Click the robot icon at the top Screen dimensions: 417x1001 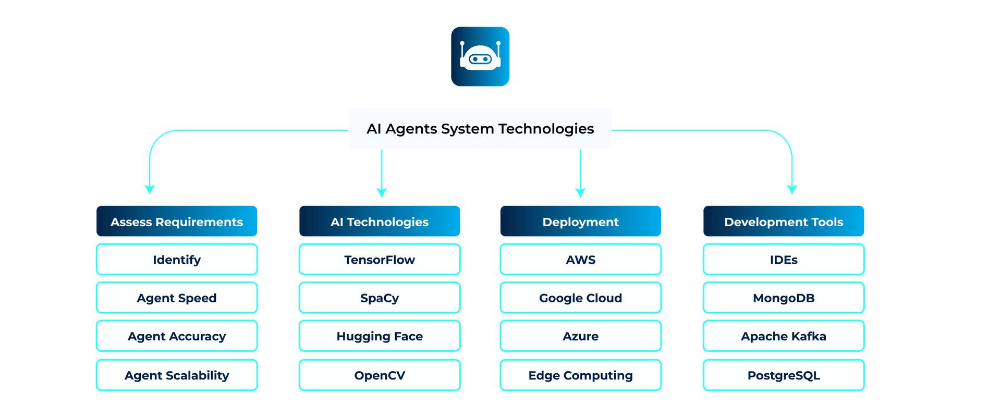pyautogui.click(x=480, y=56)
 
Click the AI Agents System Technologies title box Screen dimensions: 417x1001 pyautogui.click(x=480, y=129)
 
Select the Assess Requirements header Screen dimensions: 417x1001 pyautogui.click(x=177, y=222)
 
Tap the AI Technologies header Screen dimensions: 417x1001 pyautogui.click(x=380, y=222)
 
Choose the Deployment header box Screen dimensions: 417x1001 pyautogui.click(x=580, y=222)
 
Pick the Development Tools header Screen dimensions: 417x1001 pyautogui.click(x=784, y=222)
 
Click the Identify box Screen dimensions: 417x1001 pyautogui.click(x=177, y=260)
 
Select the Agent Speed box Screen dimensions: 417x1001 pyautogui.click(x=177, y=298)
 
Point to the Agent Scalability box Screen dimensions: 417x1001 pyautogui.click(x=177, y=375)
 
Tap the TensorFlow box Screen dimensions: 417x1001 pyautogui.click(x=380, y=260)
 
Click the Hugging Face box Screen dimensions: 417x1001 pyautogui.click(x=380, y=336)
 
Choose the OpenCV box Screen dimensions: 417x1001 pyautogui.click(x=380, y=375)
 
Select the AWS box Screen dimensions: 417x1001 pyautogui.click(x=580, y=260)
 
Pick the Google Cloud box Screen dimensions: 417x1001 pyautogui.click(x=580, y=298)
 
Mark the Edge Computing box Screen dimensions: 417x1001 pyautogui.click(x=580, y=375)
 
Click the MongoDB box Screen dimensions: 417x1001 pyautogui.click(x=784, y=298)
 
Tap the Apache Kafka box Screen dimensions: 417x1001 pyautogui.click(x=784, y=336)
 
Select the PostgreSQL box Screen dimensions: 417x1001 pyautogui.click(x=784, y=375)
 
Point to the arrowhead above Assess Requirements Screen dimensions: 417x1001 pyautogui.click(x=150, y=189)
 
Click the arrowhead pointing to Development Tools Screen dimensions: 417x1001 pyautogui.click(x=792, y=189)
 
